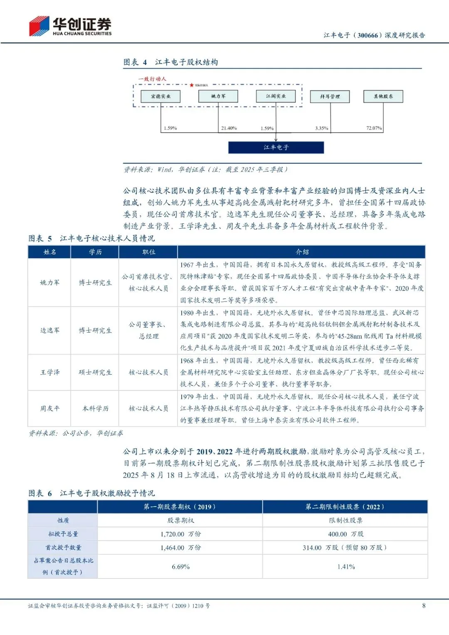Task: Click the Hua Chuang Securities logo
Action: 70,26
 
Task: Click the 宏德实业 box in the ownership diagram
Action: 160,96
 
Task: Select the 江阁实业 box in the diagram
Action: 276,96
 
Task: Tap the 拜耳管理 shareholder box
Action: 330,96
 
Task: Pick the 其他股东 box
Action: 383,96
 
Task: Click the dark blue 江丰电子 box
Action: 276,147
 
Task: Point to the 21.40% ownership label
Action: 229,128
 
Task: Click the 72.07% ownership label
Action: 374,128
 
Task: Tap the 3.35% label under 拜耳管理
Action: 321,128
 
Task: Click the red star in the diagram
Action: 191,85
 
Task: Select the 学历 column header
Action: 95,252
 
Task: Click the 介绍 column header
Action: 302,252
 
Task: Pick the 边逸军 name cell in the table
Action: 50,330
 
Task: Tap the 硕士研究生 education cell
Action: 95,372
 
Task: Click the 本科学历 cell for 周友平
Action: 95,408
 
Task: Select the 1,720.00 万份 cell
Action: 180,534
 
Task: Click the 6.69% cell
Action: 180,566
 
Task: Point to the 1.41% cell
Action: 345,566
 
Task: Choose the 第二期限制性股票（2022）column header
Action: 345,507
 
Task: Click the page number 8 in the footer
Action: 424,605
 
